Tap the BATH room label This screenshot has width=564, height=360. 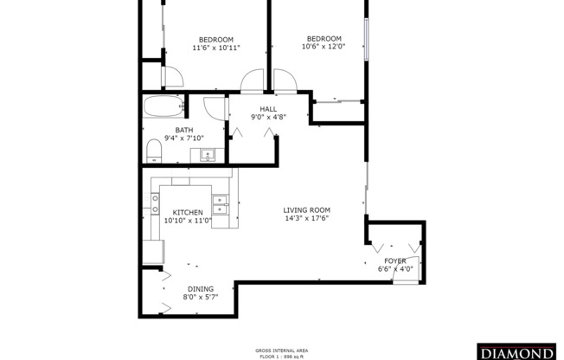point(184,131)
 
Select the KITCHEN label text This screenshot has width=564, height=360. point(188,212)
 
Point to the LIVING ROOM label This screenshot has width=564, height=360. point(306,209)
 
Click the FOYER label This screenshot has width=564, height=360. point(395,260)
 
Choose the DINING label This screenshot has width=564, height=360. point(200,289)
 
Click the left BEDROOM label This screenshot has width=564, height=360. point(215,39)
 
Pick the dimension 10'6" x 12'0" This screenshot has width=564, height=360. point(324,47)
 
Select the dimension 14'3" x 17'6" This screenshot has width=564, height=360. point(306,218)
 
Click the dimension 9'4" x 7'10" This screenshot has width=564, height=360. point(184,138)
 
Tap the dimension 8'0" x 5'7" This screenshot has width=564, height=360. point(200,297)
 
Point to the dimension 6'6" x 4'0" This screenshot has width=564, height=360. point(395,268)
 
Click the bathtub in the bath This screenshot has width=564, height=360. point(163,109)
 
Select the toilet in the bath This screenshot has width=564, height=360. point(154,151)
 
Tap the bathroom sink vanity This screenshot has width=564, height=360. point(208,155)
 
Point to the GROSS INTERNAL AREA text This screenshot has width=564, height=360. point(281,350)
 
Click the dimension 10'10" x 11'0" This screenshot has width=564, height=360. point(188,220)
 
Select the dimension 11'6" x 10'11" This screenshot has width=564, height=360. point(215,48)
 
